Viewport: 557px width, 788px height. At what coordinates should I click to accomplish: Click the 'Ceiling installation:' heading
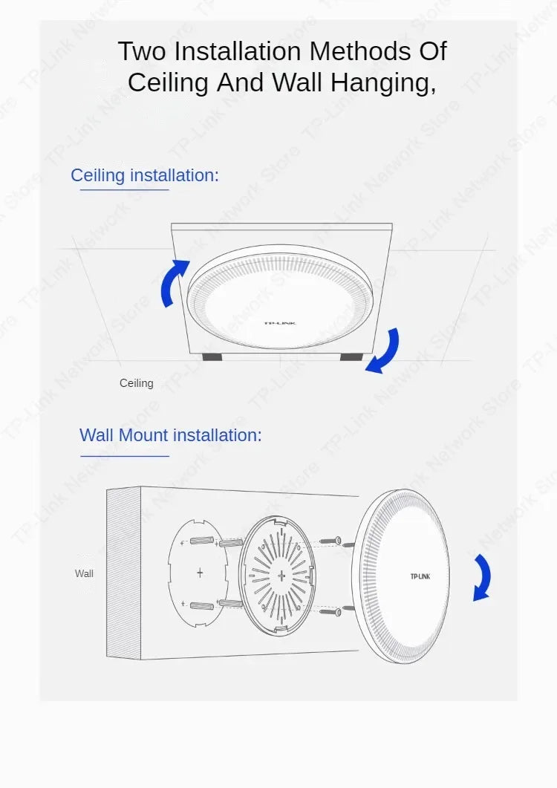(x=145, y=175)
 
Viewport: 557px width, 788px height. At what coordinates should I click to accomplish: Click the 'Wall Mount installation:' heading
(x=171, y=434)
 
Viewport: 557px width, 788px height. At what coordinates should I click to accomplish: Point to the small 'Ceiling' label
(x=137, y=383)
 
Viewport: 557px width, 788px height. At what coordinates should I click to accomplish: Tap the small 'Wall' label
(x=84, y=573)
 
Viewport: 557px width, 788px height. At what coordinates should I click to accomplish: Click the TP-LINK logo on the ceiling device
(x=280, y=323)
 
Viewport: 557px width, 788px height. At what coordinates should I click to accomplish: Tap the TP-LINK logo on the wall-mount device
(x=420, y=576)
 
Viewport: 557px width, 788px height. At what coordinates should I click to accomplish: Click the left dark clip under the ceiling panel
(x=212, y=357)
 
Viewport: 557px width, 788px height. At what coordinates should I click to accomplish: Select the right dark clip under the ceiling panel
(x=351, y=357)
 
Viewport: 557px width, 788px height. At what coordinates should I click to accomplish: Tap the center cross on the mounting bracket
(x=281, y=576)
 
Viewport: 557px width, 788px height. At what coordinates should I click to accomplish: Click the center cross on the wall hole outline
(x=199, y=573)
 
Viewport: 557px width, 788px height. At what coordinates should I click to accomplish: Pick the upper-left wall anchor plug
(x=202, y=539)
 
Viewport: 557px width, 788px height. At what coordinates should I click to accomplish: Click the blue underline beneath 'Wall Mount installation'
(x=125, y=456)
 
